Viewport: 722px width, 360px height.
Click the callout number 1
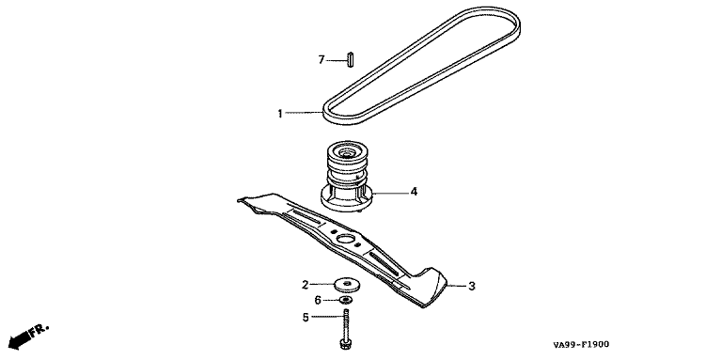point(280,113)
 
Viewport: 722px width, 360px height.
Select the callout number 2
point(305,285)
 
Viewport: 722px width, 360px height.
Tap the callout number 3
point(472,287)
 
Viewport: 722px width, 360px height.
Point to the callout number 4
point(414,192)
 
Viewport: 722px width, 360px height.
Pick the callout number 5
point(306,318)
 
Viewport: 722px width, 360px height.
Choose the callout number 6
point(318,301)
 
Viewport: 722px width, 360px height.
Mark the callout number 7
point(322,60)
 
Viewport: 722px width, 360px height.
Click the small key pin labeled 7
point(351,60)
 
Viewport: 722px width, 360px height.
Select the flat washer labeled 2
point(348,285)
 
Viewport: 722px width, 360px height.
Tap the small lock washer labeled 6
point(347,301)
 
